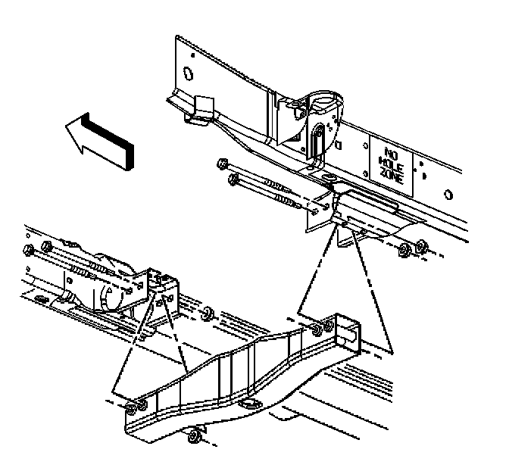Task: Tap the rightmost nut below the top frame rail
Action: (422, 248)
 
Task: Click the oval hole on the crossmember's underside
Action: (246, 407)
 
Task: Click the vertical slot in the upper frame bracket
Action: (319, 141)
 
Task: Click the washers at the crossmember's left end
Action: (133, 408)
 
